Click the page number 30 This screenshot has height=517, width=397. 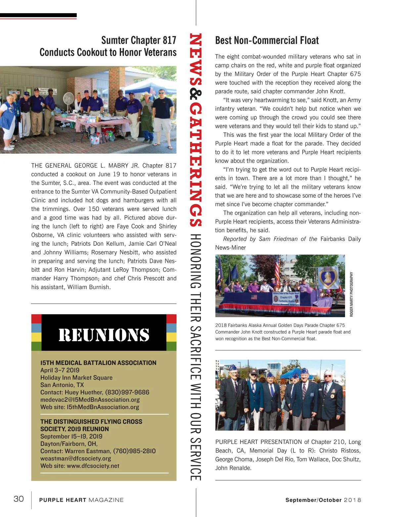[x=19, y=498]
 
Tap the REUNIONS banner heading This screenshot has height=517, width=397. [x=104, y=335]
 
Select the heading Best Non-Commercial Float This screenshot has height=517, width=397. [x=267, y=40]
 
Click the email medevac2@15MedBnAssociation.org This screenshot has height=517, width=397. [x=90, y=400]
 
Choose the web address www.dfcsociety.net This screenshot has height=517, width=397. [x=93, y=466]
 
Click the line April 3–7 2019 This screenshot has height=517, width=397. [x=60, y=370]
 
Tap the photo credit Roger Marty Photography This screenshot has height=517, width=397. [x=351, y=294]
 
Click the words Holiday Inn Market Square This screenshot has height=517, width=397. [x=76, y=378]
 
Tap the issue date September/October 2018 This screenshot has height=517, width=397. [x=323, y=500]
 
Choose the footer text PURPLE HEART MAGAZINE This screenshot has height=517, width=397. [x=81, y=500]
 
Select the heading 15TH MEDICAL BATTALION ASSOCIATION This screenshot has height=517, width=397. [x=98, y=363]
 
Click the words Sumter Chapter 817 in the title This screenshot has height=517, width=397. [x=139, y=40]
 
